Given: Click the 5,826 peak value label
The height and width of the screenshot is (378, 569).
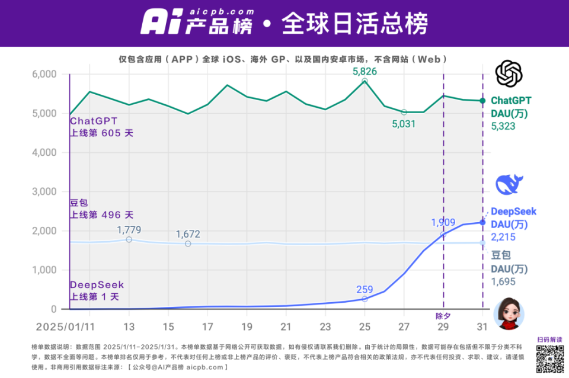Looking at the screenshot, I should click(x=365, y=72).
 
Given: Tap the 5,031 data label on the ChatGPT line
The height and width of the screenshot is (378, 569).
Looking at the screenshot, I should click(x=404, y=124).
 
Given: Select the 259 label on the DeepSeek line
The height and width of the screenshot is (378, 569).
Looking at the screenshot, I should click(x=365, y=290).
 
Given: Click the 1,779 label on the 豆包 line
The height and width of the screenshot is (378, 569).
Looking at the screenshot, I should click(x=129, y=230).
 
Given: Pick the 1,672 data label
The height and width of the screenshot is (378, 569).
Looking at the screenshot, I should click(x=188, y=234).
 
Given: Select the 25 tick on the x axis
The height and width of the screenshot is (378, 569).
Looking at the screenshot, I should click(x=365, y=326).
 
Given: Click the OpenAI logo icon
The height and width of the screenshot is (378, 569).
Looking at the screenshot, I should click(x=509, y=74).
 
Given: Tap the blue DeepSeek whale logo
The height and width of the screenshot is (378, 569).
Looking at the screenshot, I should click(x=509, y=185).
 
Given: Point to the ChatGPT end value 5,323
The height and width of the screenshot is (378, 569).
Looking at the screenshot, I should click(x=503, y=126).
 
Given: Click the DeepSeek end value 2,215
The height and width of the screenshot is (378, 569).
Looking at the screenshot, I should click(x=503, y=237).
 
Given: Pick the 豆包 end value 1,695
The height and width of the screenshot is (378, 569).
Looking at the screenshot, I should click(x=503, y=282).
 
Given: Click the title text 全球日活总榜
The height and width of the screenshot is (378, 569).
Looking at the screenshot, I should click(x=354, y=24).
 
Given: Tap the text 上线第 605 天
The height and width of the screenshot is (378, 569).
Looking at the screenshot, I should click(x=101, y=133).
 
